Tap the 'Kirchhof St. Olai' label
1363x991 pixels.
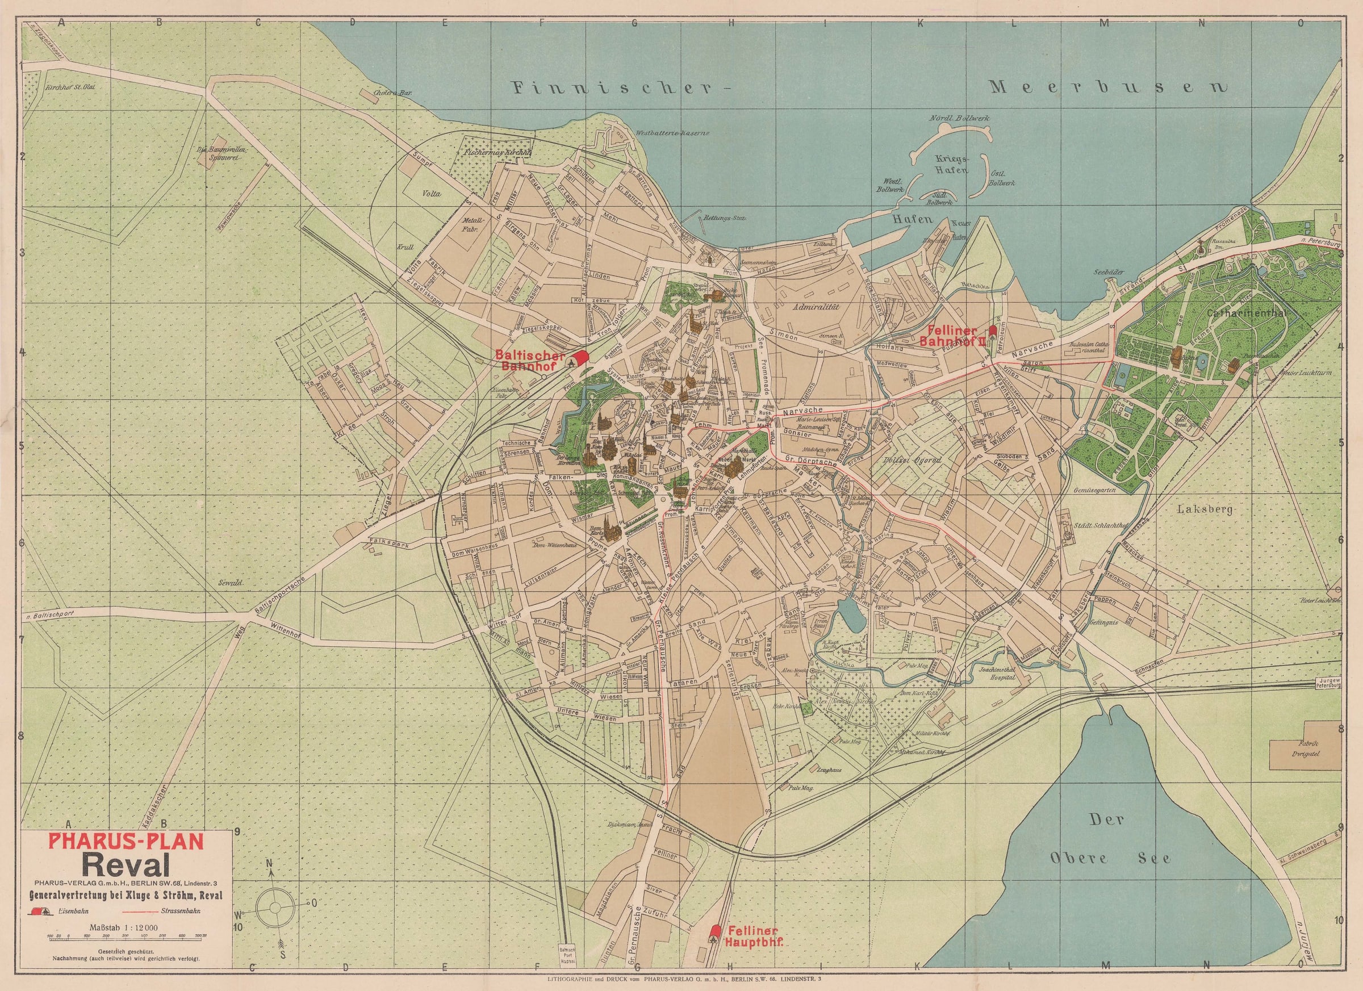pos(73,87)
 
